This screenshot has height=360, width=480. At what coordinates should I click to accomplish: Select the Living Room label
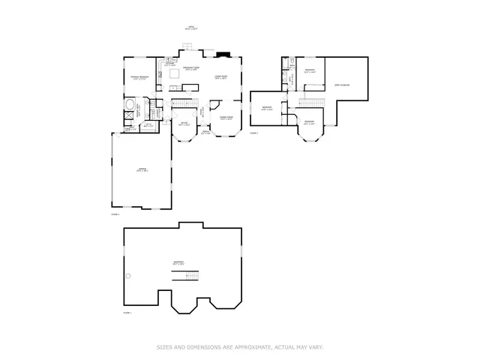click(x=221, y=77)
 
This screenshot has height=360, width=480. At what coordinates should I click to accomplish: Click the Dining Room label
click(x=226, y=118)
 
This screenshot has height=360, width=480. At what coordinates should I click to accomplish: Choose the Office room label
click(x=184, y=124)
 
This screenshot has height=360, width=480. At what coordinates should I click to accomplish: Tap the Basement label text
click(x=178, y=262)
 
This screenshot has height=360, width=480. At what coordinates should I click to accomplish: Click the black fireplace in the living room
click(x=223, y=54)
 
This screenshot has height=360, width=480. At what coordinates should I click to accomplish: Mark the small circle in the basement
click(x=127, y=276)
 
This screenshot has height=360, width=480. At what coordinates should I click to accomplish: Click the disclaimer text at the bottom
click(x=240, y=346)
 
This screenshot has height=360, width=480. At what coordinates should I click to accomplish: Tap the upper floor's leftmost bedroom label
click(x=267, y=108)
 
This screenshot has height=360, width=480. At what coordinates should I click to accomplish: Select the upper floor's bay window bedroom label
click(x=309, y=122)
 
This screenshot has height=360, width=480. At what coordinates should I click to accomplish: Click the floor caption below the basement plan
click(x=127, y=312)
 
